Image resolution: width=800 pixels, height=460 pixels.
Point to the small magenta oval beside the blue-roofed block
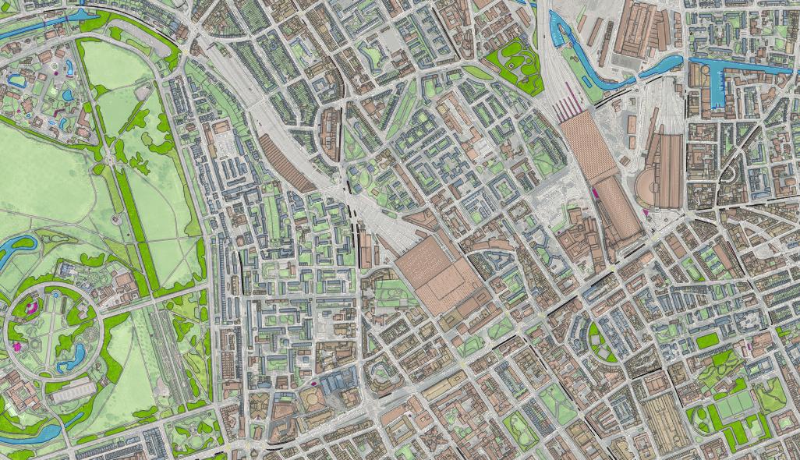click(x=313, y=383)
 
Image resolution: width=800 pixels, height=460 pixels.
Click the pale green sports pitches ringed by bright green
click(x=733, y=406)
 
